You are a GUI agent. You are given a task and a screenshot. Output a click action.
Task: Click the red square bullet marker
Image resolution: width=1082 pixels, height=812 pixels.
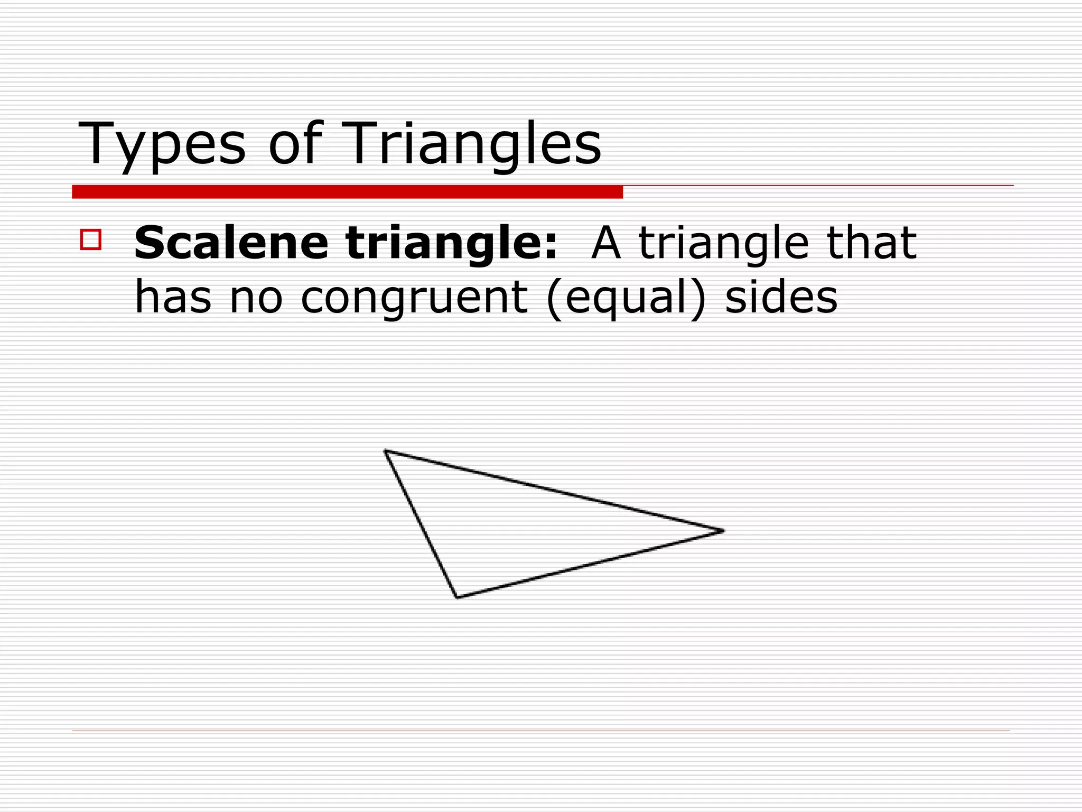(x=90, y=239)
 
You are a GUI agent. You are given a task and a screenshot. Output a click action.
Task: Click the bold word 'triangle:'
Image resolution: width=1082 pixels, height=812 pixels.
(x=452, y=244)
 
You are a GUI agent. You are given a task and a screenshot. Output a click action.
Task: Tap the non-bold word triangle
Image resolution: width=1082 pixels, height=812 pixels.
(x=724, y=244)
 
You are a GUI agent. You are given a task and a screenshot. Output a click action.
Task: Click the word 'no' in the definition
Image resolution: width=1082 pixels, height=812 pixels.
(x=256, y=298)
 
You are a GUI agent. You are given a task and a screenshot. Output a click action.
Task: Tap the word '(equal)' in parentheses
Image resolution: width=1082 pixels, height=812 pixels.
(x=626, y=299)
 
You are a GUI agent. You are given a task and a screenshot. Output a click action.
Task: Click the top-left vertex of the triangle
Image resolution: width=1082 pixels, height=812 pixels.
(x=385, y=450)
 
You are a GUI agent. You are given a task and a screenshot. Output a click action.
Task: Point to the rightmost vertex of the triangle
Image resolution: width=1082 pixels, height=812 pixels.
(x=723, y=531)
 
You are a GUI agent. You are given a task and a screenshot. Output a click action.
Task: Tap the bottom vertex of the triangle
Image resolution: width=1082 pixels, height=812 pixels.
(x=457, y=597)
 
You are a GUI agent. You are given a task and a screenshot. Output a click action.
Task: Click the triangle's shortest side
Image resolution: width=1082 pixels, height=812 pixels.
(x=421, y=524)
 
